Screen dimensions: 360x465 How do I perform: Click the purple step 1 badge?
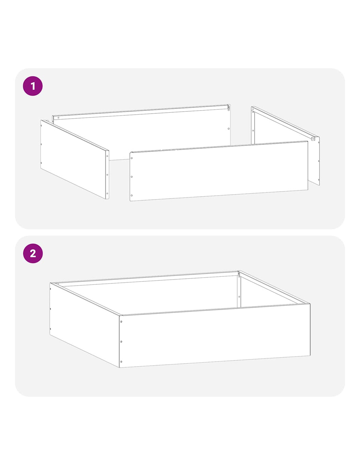pyautogui.click(x=33, y=86)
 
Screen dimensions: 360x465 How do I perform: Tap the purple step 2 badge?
pyautogui.click(x=33, y=253)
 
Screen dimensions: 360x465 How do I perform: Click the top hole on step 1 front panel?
pyautogui.click(x=132, y=158)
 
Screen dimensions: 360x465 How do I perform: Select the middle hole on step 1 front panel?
pyautogui.click(x=132, y=177)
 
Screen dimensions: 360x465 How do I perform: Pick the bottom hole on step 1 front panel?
pyautogui.click(x=132, y=195)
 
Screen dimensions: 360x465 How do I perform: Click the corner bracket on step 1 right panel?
pyautogui.click(x=313, y=139)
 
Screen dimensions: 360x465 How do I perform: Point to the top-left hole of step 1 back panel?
pyautogui.click(x=58, y=118)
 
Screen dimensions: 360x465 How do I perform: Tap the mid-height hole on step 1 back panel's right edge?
pyautogui.click(x=228, y=129)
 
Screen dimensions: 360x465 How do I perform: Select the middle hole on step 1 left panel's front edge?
pyautogui.click(x=107, y=175)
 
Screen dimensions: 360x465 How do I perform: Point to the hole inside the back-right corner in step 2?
pyautogui.click(x=239, y=297)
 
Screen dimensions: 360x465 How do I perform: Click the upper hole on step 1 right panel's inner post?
pyautogui.click(x=253, y=112)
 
